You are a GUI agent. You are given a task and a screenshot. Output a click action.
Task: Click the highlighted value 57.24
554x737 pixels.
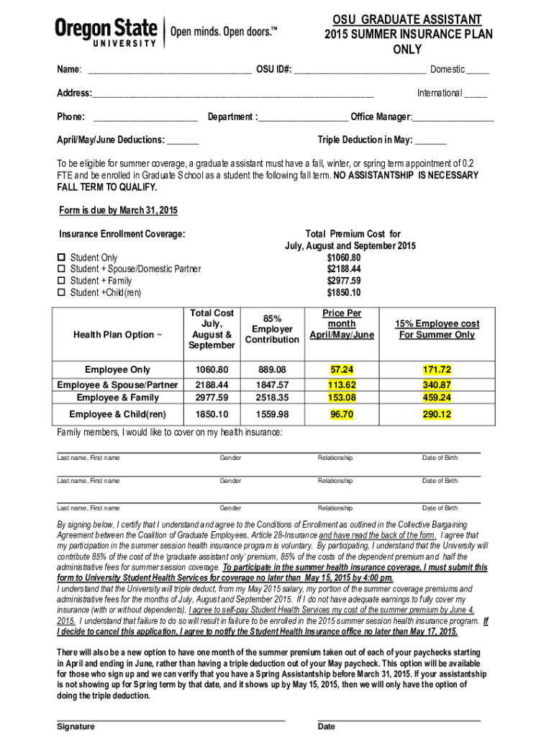point(342,369)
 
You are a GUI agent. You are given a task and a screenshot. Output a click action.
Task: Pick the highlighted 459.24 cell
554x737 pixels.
point(437,397)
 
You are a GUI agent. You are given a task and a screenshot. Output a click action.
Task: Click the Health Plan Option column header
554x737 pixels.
point(119,334)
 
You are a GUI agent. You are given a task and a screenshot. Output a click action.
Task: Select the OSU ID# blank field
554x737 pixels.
point(359,71)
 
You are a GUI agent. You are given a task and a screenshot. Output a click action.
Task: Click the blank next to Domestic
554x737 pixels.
point(477,71)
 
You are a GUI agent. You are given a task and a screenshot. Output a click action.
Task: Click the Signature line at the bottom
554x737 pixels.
point(171,718)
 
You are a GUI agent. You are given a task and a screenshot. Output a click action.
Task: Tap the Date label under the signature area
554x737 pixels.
point(326,726)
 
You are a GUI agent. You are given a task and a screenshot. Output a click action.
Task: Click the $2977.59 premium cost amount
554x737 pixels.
point(343,281)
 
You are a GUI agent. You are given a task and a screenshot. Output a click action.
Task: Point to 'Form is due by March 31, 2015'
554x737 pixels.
point(117,210)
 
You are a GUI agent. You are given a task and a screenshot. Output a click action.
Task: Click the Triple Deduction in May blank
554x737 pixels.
point(430,140)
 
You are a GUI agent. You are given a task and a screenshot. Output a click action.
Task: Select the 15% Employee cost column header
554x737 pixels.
point(437,329)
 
